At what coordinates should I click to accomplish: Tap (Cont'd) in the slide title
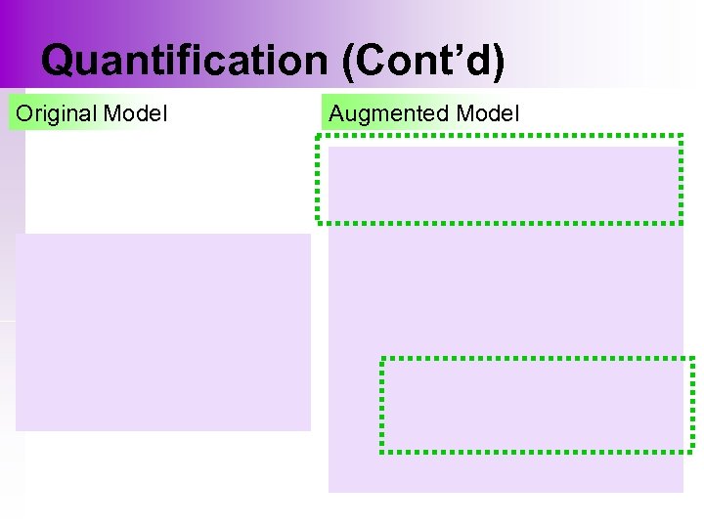(x=423, y=61)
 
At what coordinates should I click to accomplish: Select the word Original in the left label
(x=57, y=113)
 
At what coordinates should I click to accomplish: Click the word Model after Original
(x=135, y=113)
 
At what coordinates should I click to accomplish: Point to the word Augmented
(x=389, y=113)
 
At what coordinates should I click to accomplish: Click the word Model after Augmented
(x=487, y=113)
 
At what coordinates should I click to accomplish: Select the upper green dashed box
(x=499, y=180)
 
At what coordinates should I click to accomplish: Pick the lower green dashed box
(x=537, y=405)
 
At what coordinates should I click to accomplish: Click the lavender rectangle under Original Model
(x=162, y=332)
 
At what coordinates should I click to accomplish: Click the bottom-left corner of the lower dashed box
(x=382, y=451)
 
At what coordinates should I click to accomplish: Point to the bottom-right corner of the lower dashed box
(x=692, y=451)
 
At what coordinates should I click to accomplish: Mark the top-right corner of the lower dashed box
(x=692, y=360)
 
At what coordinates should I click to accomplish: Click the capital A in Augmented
(x=337, y=113)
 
